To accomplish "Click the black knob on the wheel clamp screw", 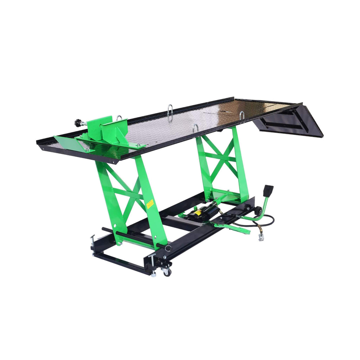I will pyautogui.click(x=78, y=123).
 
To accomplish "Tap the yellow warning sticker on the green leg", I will pyautogui.click(x=150, y=204).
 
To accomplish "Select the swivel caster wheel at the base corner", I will pyautogui.click(x=167, y=272).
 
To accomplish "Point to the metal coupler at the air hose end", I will pyautogui.click(x=261, y=236).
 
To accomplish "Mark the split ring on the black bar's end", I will pyautogui.click(x=168, y=249).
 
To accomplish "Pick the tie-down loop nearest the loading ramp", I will pyautogui.click(x=242, y=115).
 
